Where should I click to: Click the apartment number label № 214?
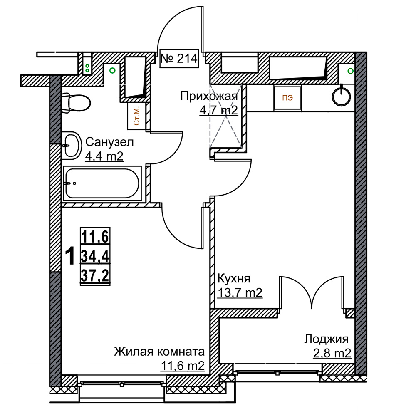click(x=179, y=59)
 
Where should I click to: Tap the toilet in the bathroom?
click(x=76, y=102)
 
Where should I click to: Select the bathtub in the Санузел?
click(x=102, y=183)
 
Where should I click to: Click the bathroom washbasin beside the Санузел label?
click(x=72, y=146)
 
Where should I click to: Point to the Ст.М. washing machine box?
click(x=136, y=116)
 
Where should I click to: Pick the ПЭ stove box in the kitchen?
click(x=287, y=98)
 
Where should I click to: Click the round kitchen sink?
click(x=342, y=96)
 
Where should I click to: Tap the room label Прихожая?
click(x=209, y=96)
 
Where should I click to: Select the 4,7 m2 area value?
click(x=219, y=110)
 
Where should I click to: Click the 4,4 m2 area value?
click(x=104, y=156)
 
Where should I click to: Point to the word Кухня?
click(x=234, y=279)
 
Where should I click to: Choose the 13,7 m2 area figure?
click(x=240, y=292)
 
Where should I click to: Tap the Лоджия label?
click(x=326, y=339)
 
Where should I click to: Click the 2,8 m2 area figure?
click(x=332, y=353)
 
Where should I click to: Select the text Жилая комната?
click(x=159, y=352)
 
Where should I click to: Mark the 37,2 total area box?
click(x=95, y=276)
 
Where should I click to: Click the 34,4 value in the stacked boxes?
click(x=95, y=256)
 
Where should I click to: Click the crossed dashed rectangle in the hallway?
click(x=226, y=116)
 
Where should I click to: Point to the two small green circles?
click(x=87, y=69)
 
